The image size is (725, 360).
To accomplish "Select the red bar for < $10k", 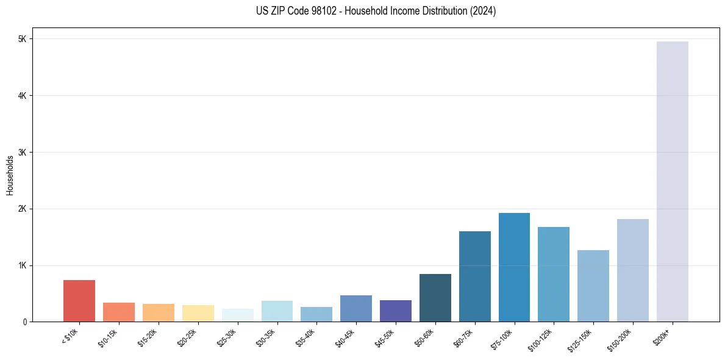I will (79, 301).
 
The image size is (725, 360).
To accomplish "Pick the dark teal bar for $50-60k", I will (435, 298).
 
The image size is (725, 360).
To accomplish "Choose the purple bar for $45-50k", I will (396, 311).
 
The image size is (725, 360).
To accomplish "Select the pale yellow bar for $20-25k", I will (198, 314).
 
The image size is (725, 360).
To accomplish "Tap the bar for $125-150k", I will (593, 286).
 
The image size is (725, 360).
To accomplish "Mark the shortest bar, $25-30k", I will (237, 315).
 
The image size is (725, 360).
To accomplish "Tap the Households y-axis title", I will (10, 175).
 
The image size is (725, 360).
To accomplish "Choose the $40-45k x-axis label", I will (345, 336).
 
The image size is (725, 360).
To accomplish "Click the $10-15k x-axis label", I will (108, 336).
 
